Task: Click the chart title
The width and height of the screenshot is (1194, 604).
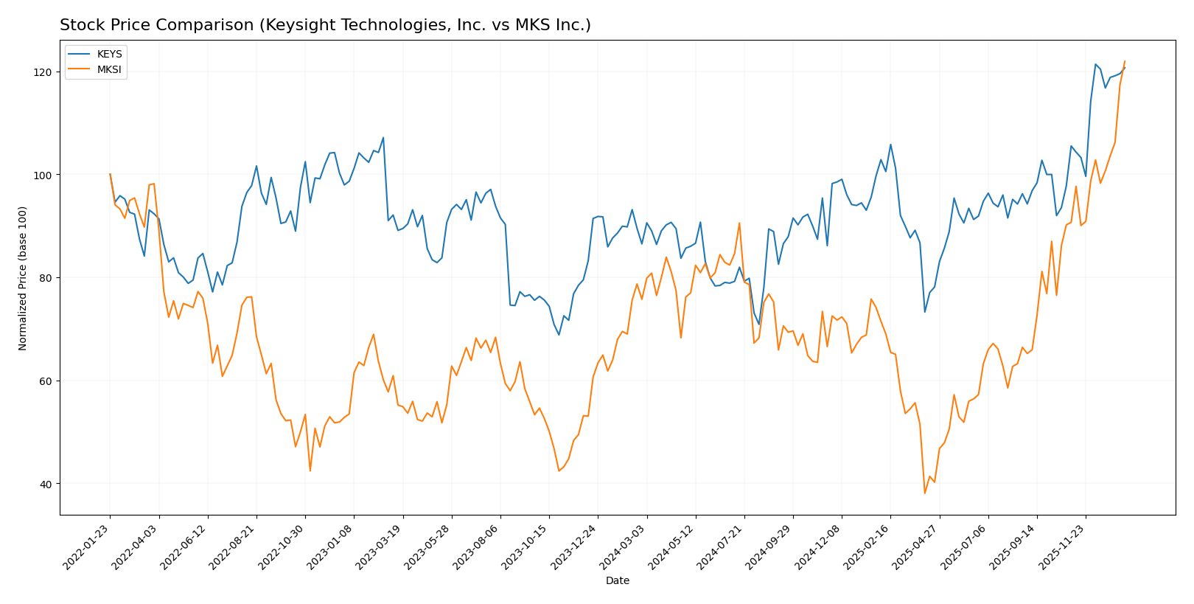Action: coord(325,26)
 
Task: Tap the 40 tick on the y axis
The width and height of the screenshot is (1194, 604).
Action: coord(48,485)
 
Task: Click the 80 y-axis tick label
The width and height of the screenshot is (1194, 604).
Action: coord(48,278)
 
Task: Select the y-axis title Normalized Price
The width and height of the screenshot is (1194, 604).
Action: coord(23,278)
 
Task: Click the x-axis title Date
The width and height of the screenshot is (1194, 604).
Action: coord(617,581)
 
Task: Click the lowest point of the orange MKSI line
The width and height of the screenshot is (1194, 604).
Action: coord(924,493)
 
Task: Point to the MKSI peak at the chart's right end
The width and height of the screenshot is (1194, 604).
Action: coord(1125,61)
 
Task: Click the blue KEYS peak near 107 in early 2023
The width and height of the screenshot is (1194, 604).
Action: coord(383,137)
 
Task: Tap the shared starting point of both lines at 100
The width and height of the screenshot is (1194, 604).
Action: coord(110,174)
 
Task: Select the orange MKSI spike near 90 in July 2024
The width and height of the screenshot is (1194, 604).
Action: coord(739,223)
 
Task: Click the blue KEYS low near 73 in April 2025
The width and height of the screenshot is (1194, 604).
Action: coord(924,312)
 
